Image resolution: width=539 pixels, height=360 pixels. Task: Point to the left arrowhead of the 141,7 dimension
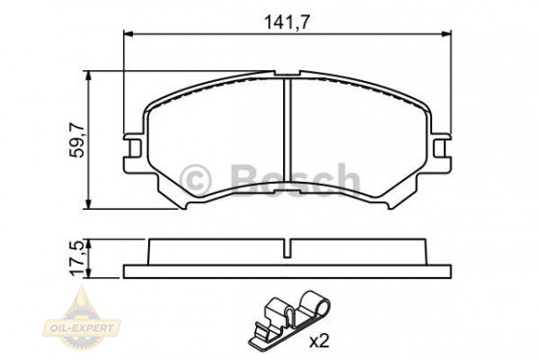tap(130, 35)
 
